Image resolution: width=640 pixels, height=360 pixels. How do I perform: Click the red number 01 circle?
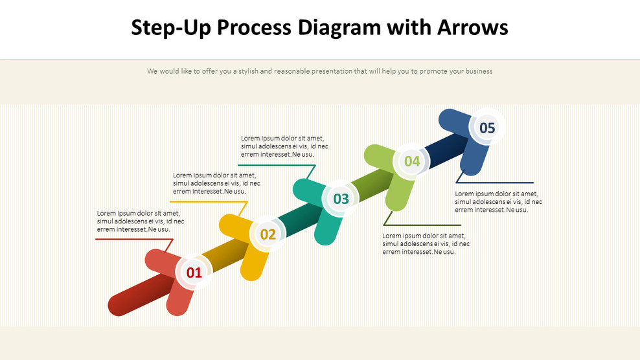194,273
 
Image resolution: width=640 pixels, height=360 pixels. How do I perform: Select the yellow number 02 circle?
268,234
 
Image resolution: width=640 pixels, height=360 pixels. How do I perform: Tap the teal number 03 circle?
341,199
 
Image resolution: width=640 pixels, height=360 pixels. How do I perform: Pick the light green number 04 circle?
412,161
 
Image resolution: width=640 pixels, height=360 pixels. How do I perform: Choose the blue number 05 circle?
487,128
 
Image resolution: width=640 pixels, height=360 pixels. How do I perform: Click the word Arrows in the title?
472,28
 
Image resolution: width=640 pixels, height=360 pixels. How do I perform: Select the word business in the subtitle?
476,71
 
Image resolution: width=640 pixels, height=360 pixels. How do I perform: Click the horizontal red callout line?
130,239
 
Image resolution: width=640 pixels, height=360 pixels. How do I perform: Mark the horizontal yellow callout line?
204,201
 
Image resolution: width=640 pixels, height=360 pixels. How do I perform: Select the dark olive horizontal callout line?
421,225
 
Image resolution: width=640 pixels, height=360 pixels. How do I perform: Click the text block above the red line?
140,221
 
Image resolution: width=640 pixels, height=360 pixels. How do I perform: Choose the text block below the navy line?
498,201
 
